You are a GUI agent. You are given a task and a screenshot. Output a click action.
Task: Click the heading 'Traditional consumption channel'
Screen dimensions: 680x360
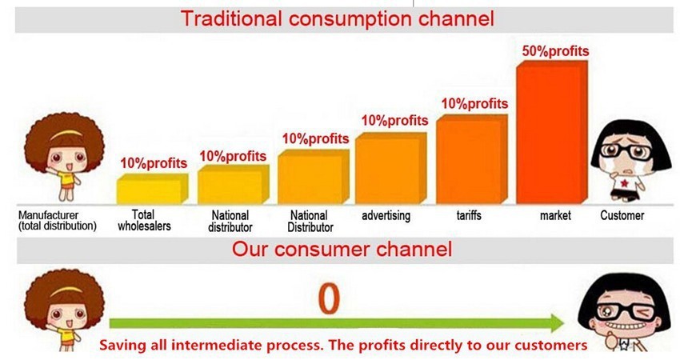pos(337,18)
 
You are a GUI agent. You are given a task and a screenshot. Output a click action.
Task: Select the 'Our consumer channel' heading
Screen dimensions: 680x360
pos(342,250)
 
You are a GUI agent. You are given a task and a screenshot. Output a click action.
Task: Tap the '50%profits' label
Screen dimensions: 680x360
pos(555,51)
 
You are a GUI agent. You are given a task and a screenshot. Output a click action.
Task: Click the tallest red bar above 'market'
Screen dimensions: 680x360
pos(552,132)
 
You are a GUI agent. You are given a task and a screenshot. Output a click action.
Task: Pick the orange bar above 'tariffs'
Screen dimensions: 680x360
pos(472,159)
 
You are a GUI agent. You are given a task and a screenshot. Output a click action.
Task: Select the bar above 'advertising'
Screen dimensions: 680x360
pos(390,168)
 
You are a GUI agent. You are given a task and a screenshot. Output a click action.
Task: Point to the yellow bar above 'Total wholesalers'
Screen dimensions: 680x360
pos(152,189)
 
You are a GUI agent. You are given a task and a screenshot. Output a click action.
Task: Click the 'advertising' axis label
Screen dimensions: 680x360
pos(386,215)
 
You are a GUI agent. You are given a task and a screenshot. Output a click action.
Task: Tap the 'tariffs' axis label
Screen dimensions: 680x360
pos(469,215)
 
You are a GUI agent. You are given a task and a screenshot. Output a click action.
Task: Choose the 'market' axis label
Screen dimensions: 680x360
pos(555,215)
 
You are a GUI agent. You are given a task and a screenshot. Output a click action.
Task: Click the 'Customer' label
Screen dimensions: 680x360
pos(622,215)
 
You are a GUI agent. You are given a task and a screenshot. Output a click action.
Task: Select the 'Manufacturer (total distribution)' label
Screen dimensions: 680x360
pos(58,220)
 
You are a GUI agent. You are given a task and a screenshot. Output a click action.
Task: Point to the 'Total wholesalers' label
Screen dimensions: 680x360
pos(144,220)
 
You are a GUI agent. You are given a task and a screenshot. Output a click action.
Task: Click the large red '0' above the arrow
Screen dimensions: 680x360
pos(329,299)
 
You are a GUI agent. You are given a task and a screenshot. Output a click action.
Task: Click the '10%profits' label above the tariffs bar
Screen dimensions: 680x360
pos(475,104)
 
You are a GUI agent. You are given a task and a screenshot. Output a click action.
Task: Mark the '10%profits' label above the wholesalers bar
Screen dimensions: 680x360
pos(154,163)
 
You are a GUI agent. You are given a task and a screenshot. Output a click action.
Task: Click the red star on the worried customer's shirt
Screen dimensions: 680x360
pos(624,183)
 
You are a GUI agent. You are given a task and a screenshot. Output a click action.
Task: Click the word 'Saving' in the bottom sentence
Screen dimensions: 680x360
pos(123,346)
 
